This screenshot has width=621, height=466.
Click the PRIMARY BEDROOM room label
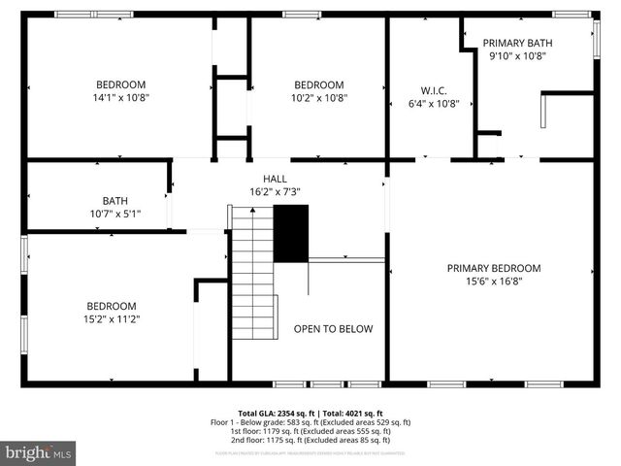(494, 268)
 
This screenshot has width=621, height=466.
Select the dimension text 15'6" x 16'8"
(494, 282)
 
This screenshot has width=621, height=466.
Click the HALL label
(275, 179)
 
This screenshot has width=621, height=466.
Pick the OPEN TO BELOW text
(333, 329)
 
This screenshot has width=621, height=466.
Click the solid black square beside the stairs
(290, 233)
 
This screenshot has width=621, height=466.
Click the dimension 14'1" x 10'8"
(120, 97)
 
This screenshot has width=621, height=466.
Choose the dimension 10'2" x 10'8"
(319, 97)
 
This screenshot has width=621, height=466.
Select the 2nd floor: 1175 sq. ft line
(310, 440)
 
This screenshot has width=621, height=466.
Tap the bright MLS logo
(39, 451)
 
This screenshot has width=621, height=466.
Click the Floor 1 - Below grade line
(310, 422)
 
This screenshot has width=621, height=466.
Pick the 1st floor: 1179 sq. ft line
(310, 431)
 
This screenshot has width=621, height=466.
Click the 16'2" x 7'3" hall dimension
(275, 192)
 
